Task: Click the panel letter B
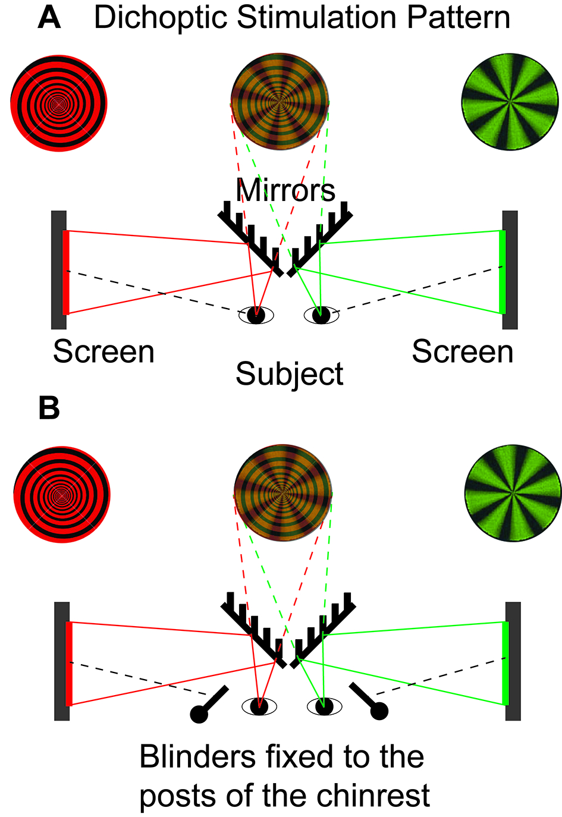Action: (49, 408)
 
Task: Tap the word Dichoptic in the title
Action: (161, 18)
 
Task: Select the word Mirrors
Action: (285, 190)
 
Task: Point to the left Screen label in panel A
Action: (104, 351)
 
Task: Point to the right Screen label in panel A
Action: (463, 351)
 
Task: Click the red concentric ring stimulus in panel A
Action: (59, 103)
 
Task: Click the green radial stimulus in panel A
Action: (510, 102)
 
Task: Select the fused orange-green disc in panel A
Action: (280, 102)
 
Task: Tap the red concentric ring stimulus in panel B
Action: (62, 494)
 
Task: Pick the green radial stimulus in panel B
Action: (513, 493)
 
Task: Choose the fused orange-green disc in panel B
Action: (283, 493)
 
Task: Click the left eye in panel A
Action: (256, 315)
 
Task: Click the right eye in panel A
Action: (321, 315)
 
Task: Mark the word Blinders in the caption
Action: (197, 757)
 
